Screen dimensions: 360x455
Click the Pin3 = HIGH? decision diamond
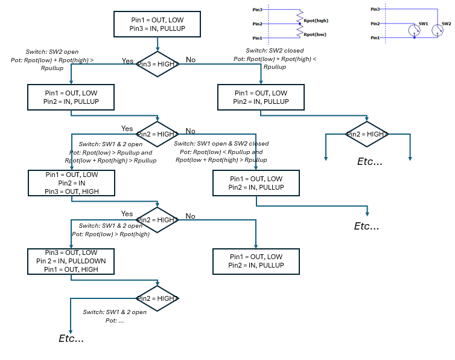[157, 63]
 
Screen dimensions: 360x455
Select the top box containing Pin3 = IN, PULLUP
[157, 24]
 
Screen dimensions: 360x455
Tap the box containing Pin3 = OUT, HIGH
[71, 183]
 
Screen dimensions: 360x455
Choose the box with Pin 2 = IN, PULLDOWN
[71, 260]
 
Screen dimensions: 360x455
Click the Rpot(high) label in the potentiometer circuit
[316, 21]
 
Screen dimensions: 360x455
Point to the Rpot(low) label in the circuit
[316, 34]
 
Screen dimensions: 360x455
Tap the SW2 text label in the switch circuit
[446, 24]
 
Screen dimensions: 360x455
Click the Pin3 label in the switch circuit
[375, 9]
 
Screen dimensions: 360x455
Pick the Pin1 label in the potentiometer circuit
[257, 37]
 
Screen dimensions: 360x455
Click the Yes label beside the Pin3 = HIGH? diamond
[127, 61]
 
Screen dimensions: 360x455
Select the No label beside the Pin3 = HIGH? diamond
[191, 60]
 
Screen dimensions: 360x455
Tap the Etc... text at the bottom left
[71, 338]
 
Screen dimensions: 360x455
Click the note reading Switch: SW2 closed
[275, 51]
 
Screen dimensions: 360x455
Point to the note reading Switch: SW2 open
[52, 52]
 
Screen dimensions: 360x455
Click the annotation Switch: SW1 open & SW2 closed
[221, 144]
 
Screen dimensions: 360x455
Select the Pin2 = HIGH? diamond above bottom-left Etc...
[157, 298]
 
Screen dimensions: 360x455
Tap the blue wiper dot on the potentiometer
[300, 24]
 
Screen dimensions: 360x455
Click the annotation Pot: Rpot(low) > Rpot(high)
[110, 234]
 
